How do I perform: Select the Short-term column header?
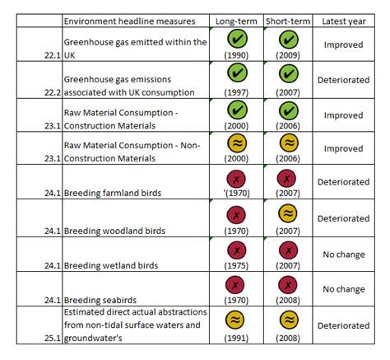tap(288, 20)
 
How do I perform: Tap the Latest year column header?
tap(344, 20)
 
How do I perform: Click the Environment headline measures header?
tap(129, 20)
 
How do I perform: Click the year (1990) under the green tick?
tap(237, 54)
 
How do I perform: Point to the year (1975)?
tap(237, 266)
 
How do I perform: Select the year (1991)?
tap(237, 338)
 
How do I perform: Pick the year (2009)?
tap(288, 54)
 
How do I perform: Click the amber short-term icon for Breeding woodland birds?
tap(288, 214)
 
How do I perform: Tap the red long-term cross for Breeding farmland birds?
tap(237, 179)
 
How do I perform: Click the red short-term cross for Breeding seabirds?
tap(288, 284)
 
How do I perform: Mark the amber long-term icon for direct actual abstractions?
tap(237, 320)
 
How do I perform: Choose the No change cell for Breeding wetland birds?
tap(344, 255)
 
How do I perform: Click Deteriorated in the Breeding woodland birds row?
tap(344, 218)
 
